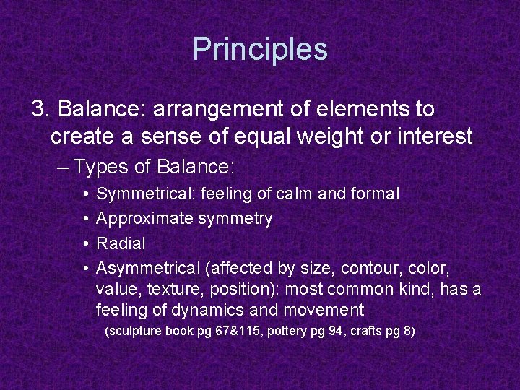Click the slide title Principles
(260, 49)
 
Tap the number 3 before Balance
(39, 109)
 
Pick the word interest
(432, 136)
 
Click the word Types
(103, 168)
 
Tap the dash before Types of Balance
(63, 168)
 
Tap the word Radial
(121, 243)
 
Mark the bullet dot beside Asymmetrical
(85, 269)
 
